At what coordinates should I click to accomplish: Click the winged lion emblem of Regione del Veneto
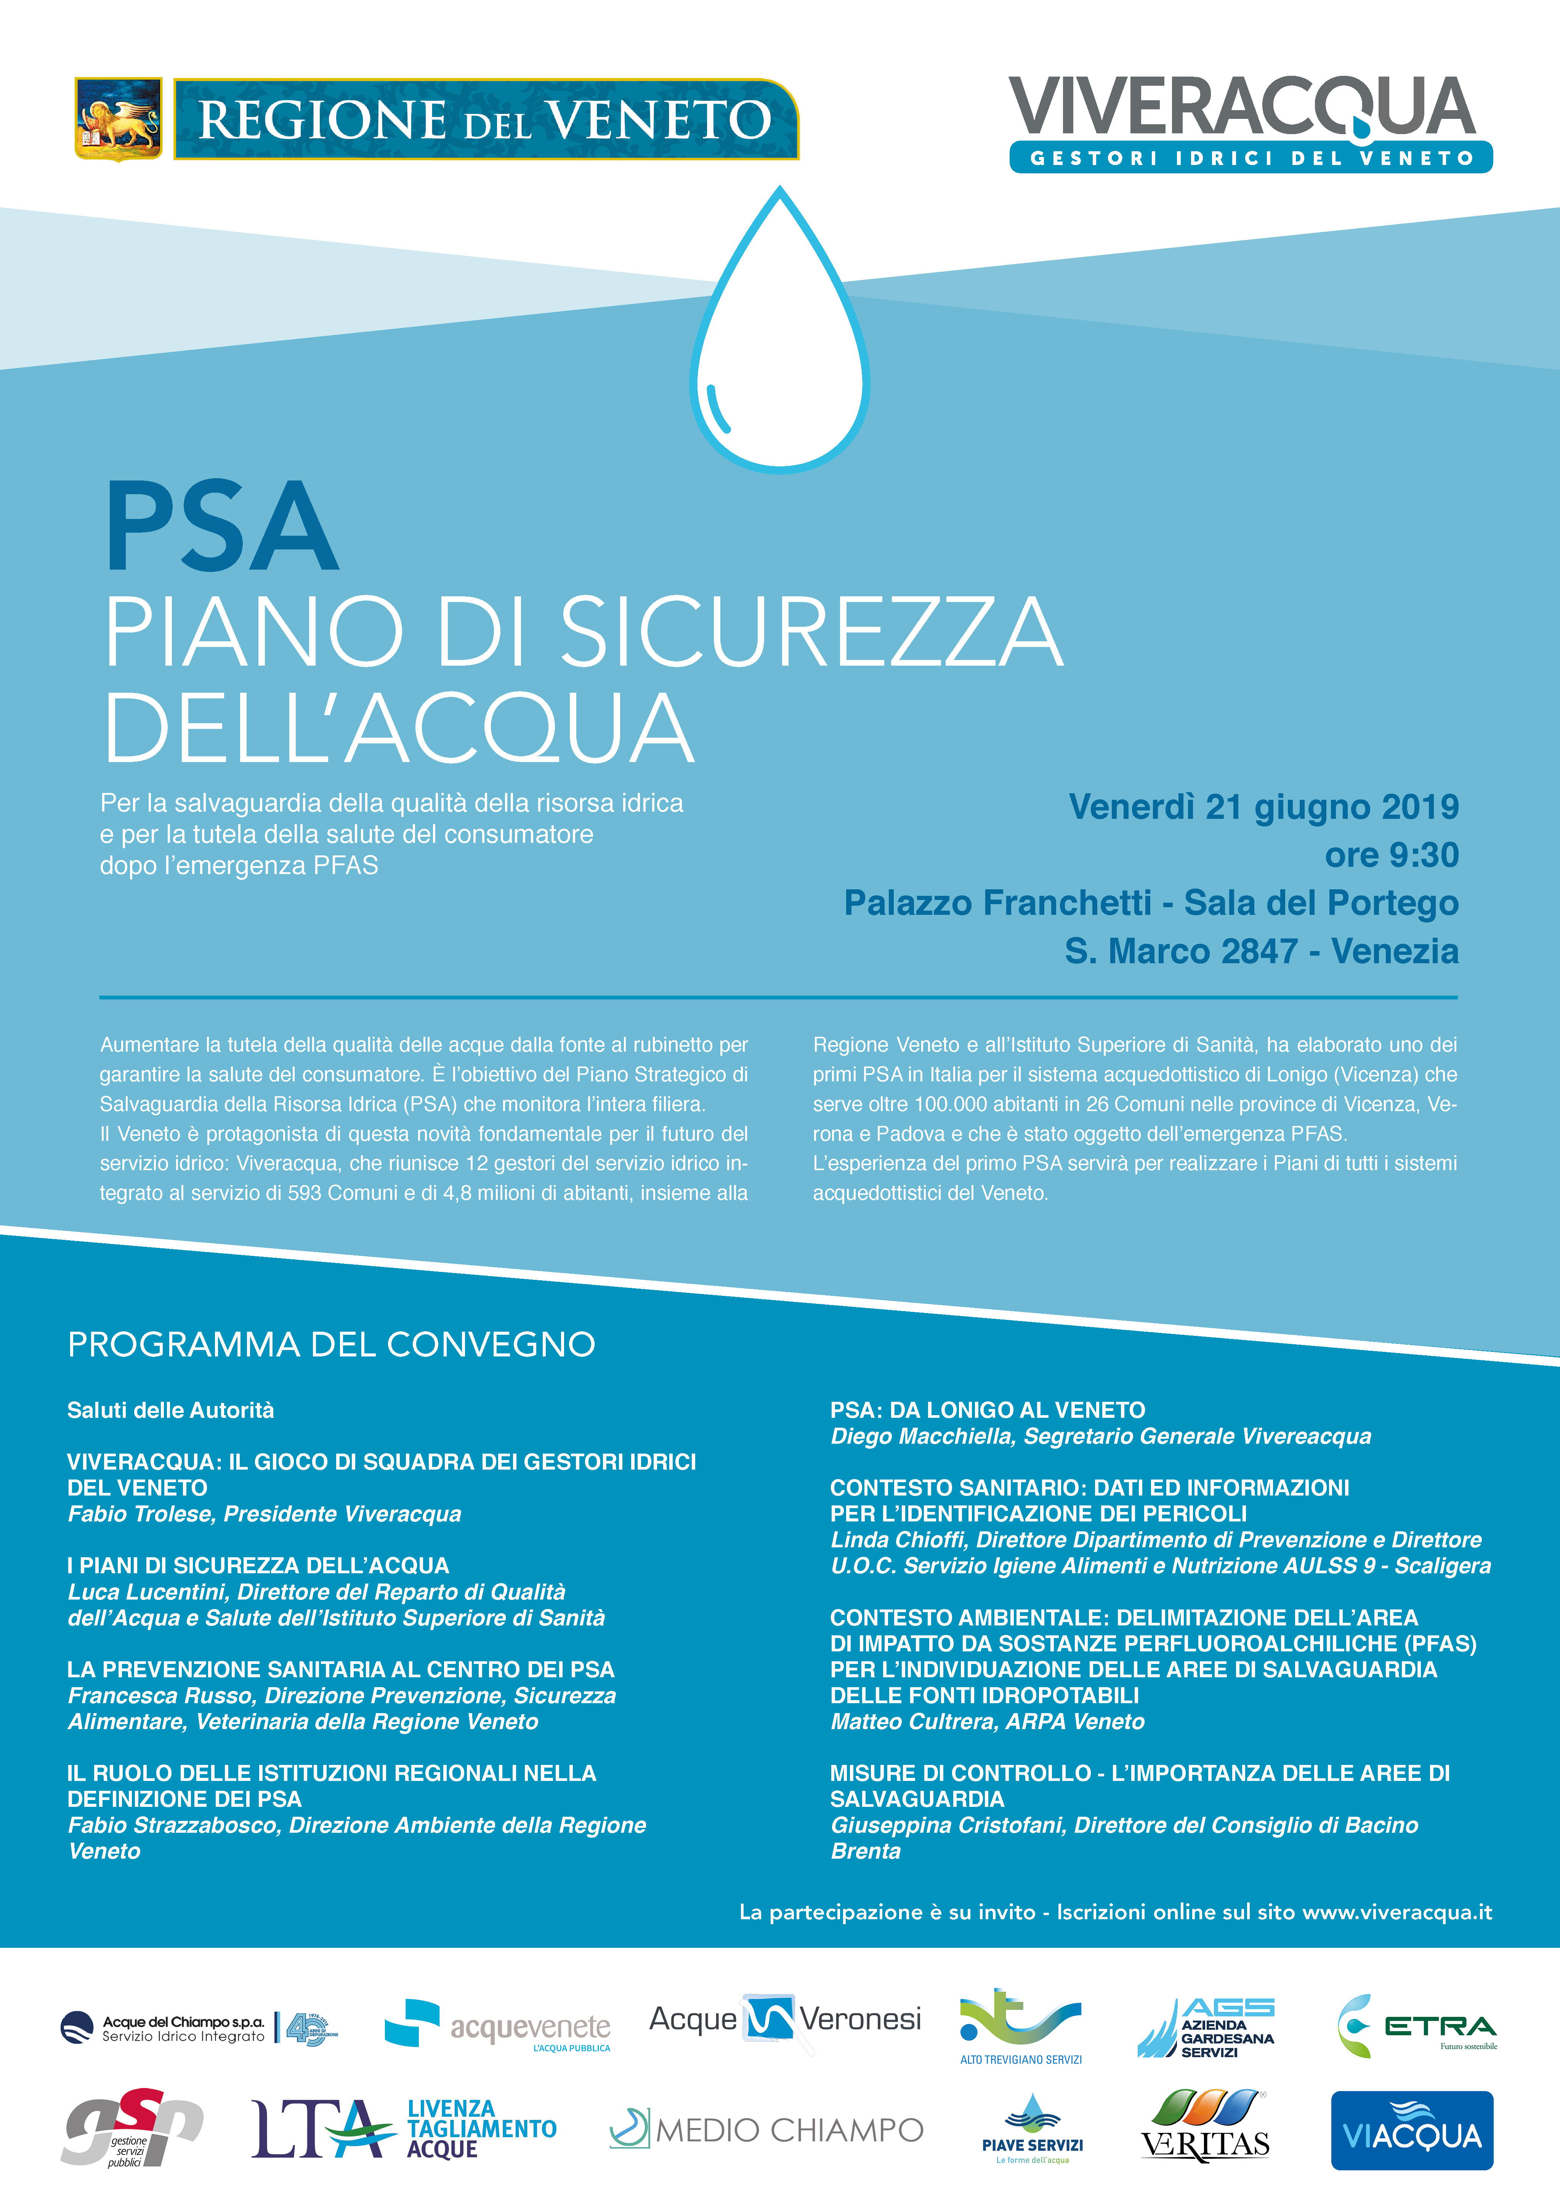click(x=118, y=119)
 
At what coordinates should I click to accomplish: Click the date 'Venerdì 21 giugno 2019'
click(x=1263, y=807)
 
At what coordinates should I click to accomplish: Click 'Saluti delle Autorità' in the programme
click(x=170, y=1410)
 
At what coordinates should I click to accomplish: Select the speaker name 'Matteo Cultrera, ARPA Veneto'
click(x=988, y=1721)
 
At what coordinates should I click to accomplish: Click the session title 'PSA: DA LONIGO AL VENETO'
click(x=988, y=1410)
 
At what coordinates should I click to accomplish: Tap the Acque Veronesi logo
click(x=785, y=2020)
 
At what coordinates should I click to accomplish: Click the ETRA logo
click(x=1417, y=2026)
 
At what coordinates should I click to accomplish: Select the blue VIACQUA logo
click(x=1411, y=2130)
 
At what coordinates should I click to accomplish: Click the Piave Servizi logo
click(x=1032, y=2130)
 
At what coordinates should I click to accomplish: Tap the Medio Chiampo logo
click(x=766, y=2130)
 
